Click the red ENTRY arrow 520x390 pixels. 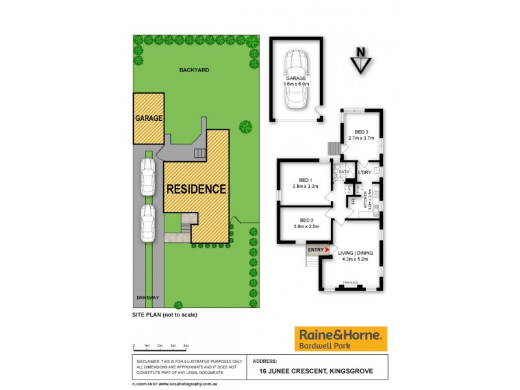coord(328,249)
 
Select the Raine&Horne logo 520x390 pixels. coord(341,339)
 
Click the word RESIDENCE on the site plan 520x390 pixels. coord(196,190)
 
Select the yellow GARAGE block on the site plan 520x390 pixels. coord(148,119)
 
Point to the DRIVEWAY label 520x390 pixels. coord(148,298)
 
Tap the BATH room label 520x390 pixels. coord(344,172)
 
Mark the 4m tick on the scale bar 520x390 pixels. coord(186,346)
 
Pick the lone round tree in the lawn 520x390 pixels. coord(245,125)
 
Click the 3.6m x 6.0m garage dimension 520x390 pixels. coord(298,84)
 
